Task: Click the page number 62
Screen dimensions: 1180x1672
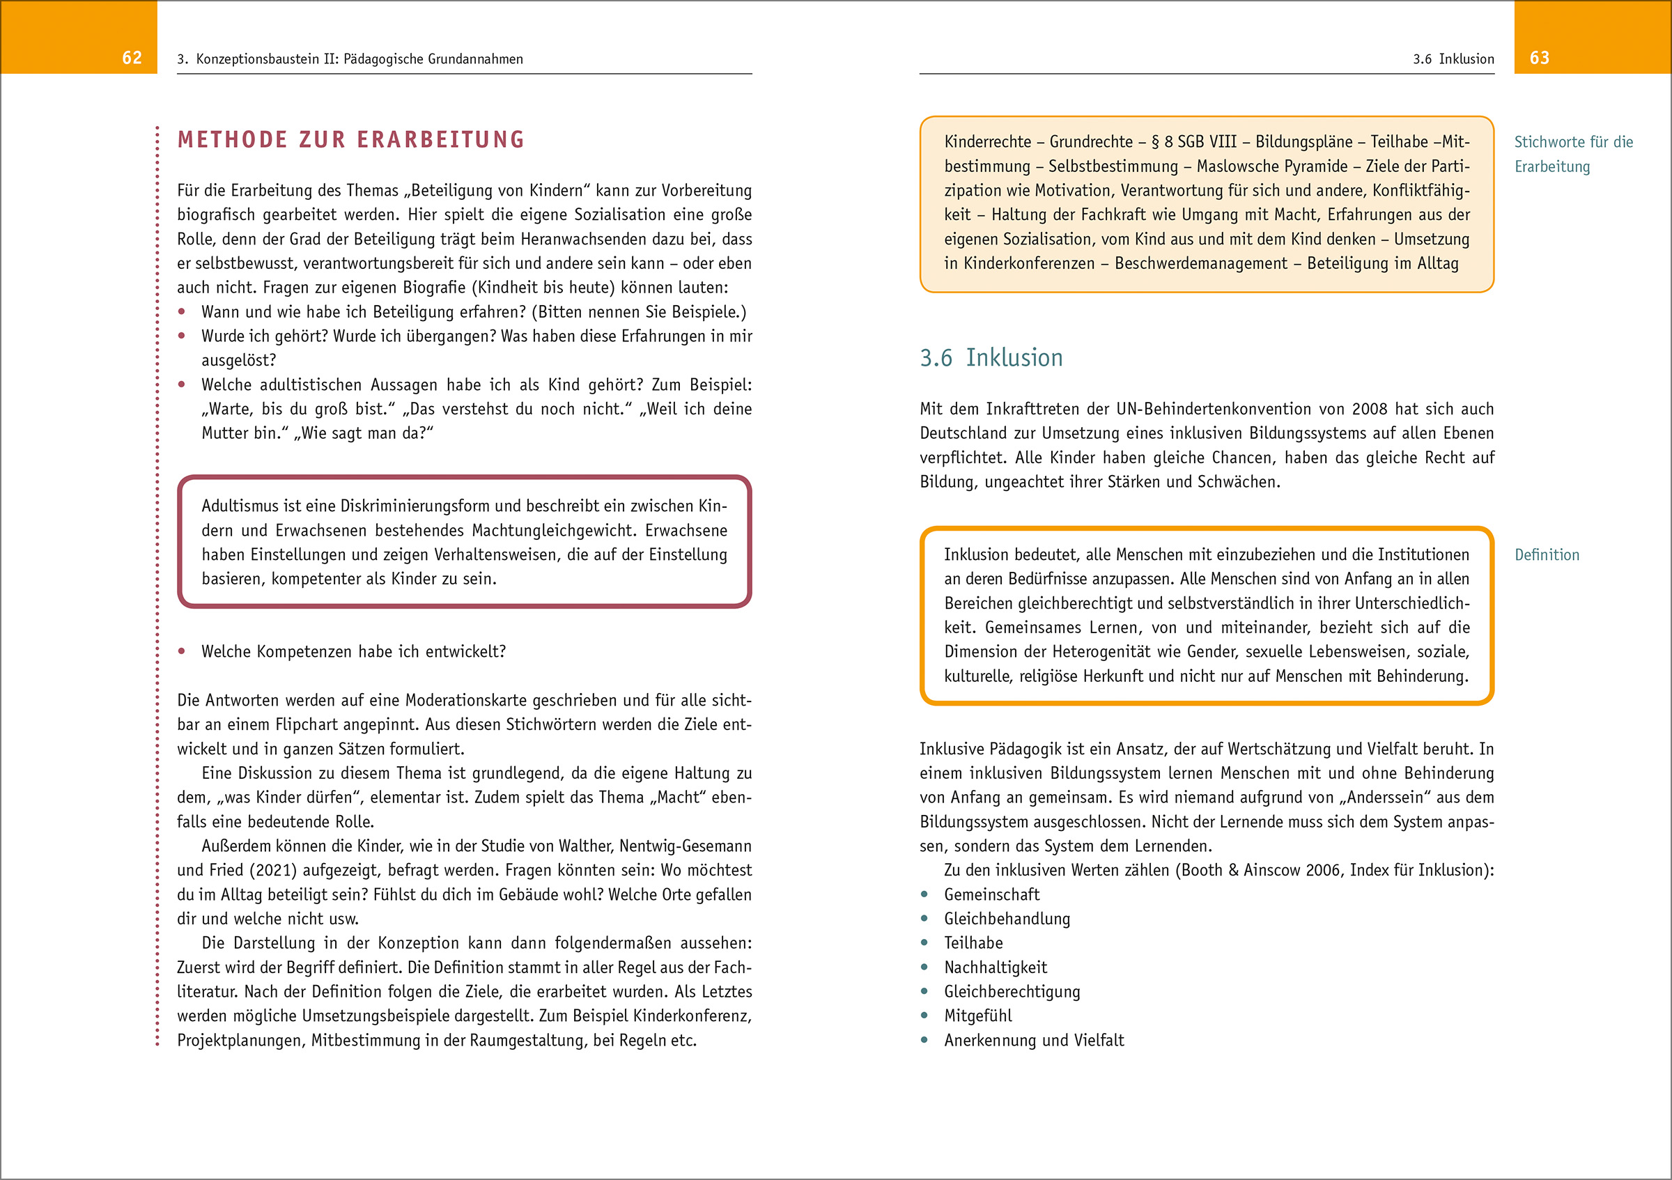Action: tap(132, 58)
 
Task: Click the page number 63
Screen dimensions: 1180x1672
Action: tap(1539, 58)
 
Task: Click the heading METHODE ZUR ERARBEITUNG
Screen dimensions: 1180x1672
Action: tap(351, 139)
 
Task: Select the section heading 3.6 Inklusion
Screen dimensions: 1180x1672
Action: tap(991, 357)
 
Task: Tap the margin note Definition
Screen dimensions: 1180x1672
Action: tap(1547, 554)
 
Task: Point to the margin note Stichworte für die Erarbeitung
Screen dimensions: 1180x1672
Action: tap(1573, 154)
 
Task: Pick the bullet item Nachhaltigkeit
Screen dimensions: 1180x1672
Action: tap(995, 968)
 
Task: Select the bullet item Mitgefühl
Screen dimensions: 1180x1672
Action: tap(977, 1016)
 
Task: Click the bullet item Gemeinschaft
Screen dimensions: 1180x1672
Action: tap(991, 894)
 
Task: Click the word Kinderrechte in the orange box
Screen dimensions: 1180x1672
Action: tap(987, 142)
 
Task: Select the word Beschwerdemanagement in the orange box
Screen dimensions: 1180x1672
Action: tap(1200, 263)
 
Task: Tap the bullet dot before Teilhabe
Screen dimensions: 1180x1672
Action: tap(924, 942)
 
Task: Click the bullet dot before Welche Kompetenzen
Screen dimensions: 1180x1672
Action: tap(181, 651)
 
